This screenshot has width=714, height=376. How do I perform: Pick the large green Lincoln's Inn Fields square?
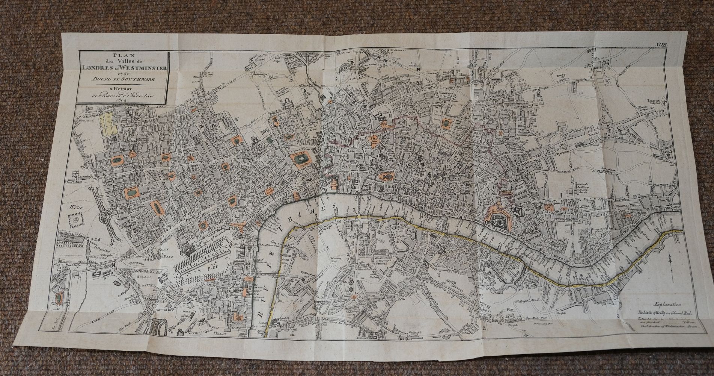pyautogui.click(x=301, y=161)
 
